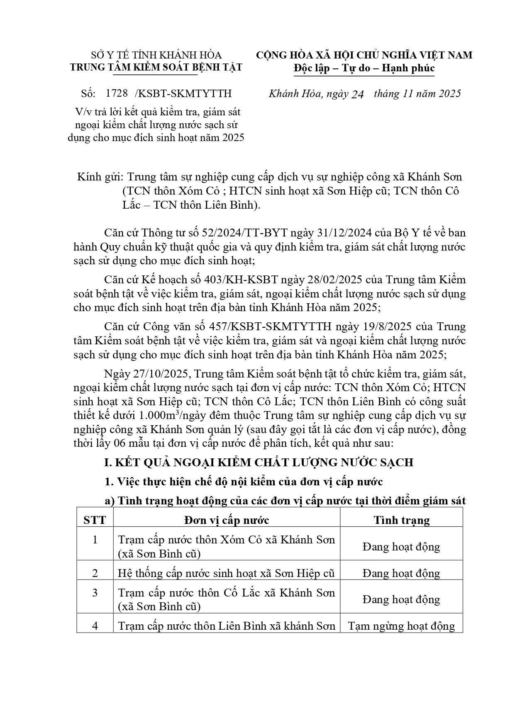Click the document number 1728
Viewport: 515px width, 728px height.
click(x=117, y=93)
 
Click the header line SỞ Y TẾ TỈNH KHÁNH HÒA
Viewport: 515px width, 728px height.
click(x=156, y=55)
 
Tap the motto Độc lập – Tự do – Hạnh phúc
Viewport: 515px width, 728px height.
click(x=364, y=68)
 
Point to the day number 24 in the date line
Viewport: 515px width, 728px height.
click(x=357, y=95)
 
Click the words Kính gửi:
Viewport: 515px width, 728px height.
click(x=100, y=177)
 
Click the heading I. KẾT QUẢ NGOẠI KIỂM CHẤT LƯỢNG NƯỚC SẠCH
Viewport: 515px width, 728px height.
click(x=259, y=463)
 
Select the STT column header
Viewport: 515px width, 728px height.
click(x=95, y=520)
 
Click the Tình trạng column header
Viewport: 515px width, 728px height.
click(x=401, y=520)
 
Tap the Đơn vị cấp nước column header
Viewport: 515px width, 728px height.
click(x=227, y=520)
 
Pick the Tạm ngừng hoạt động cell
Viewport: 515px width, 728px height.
click(x=401, y=626)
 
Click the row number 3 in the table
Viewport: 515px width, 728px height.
click(x=95, y=593)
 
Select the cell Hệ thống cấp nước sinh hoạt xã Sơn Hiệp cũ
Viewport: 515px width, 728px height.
click(x=226, y=573)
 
